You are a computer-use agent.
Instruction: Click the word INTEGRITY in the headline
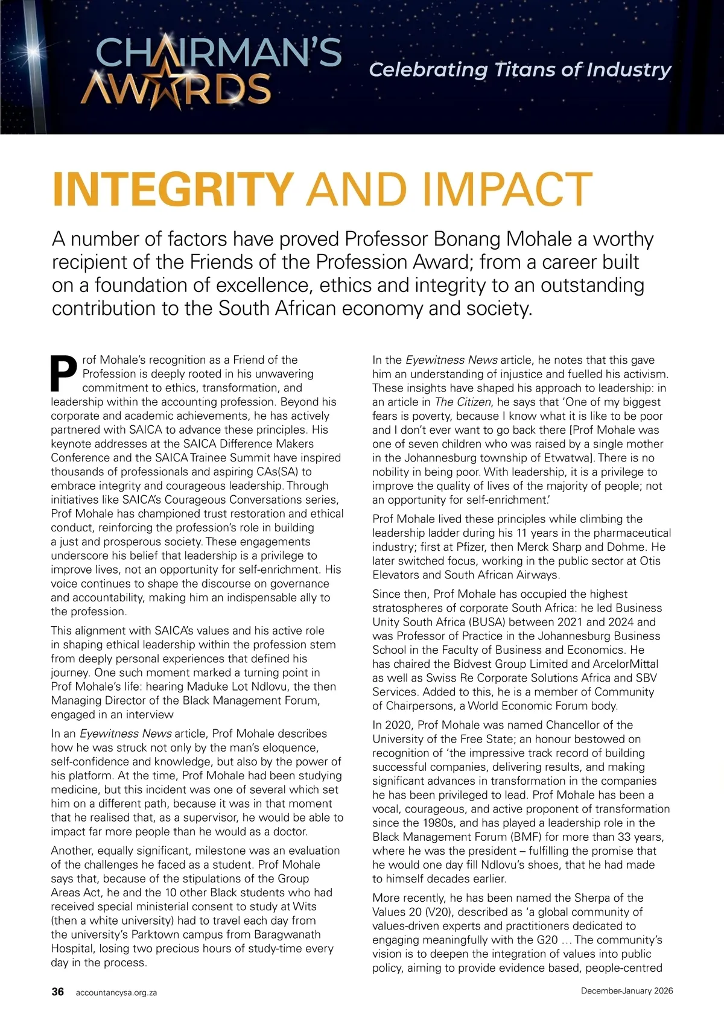pyautogui.click(x=173, y=189)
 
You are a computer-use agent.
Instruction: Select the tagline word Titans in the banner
pyautogui.click(x=524, y=70)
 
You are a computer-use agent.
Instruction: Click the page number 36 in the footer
pyautogui.click(x=58, y=992)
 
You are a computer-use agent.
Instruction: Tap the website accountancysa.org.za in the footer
pyautogui.click(x=116, y=992)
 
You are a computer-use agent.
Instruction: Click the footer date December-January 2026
pyautogui.click(x=627, y=991)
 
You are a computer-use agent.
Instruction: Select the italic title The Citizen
pyautogui.click(x=463, y=402)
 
